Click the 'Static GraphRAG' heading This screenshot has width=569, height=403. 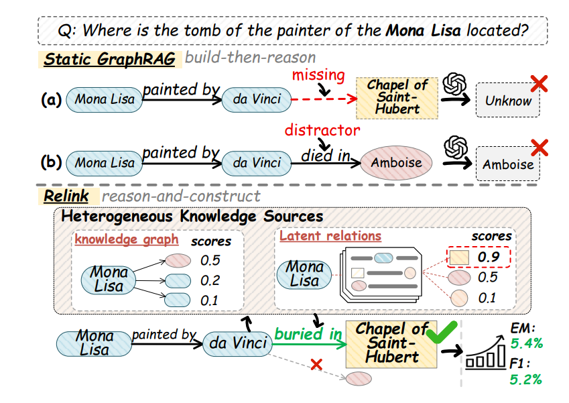click(109, 59)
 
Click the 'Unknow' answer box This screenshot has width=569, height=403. click(508, 101)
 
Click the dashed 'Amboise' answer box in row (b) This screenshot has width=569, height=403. click(508, 164)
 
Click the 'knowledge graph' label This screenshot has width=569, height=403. click(127, 239)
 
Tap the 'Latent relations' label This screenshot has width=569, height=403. click(330, 236)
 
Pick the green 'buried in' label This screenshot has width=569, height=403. click(308, 334)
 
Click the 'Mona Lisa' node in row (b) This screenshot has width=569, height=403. click(104, 163)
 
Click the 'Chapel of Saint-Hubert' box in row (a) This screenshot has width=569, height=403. click(397, 98)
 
